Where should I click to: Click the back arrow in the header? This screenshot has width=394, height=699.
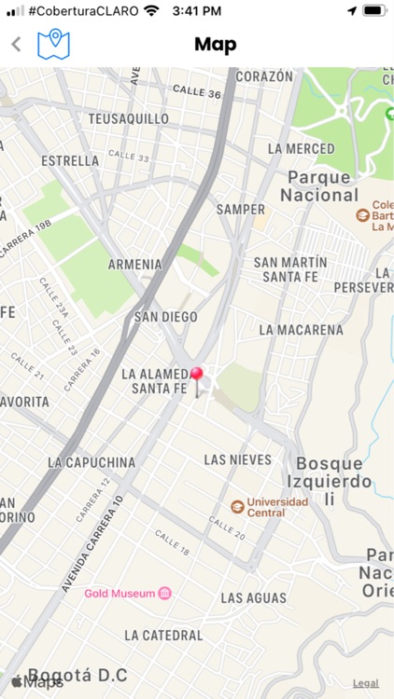point(16,44)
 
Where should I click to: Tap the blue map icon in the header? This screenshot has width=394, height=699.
point(54,43)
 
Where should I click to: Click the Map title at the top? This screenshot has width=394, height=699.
point(215,44)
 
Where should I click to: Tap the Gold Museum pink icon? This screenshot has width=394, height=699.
point(165,593)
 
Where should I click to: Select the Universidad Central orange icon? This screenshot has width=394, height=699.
point(237,506)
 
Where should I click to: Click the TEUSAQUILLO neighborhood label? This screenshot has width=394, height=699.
point(128,119)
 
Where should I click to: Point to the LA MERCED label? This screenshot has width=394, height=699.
point(301,149)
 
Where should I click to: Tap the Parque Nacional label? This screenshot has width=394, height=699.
point(319,186)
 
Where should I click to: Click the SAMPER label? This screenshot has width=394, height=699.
point(241,210)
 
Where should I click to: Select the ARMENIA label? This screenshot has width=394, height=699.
point(134,265)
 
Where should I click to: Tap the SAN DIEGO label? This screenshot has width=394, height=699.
point(166,317)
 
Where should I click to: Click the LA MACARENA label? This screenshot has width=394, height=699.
point(301,330)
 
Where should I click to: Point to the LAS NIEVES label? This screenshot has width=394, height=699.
point(237,459)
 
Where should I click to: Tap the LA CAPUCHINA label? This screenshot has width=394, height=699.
point(91,462)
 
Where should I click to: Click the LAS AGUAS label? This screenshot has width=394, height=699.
point(253,597)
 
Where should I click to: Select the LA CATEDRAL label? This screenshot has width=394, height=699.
point(163,636)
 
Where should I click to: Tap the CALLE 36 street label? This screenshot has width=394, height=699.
point(196,92)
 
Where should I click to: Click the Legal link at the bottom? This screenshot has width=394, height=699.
point(365,683)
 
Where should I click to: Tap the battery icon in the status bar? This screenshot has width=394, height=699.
point(373,10)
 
